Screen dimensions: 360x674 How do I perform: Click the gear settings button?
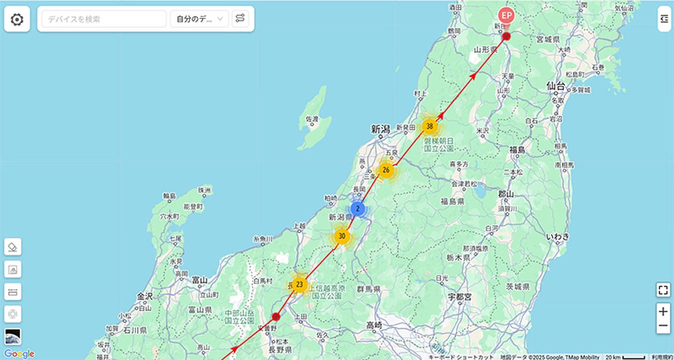pyautogui.click(x=17, y=20)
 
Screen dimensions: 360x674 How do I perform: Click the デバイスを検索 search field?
pyautogui.click(x=104, y=19)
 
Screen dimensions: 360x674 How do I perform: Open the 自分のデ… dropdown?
pyautogui.click(x=199, y=19)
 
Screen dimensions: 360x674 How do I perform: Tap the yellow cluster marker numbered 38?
pyautogui.click(x=430, y=126)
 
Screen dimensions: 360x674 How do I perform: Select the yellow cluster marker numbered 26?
pyautogui.click(x=385, y=170)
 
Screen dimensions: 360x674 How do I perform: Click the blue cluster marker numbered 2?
pyautogui.click(x=358, y=209)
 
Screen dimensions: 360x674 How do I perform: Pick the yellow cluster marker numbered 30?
pyautogui.click(x=341, y=236)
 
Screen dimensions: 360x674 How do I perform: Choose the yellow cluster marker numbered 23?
pyautogui.click(x=299, y=284)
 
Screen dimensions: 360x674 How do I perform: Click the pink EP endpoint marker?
pyautogui.click(x=507, y=15)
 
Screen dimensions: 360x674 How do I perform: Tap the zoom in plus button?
pyautogui.click(x=663, y=311)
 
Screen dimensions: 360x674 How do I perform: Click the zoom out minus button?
pyautogui.click(x=663, y=326)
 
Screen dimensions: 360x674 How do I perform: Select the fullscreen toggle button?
pyautogui.click(x=663, y=290)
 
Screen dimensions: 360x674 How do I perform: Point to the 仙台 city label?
pyautogui.click(x=555, y=86)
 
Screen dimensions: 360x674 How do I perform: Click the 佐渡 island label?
pyautogui.click(x=312, y=119)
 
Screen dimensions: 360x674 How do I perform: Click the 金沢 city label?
pyautogui.click(x=145, y=295)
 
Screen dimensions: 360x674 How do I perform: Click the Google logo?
pyautogui.click(x=19, y=354)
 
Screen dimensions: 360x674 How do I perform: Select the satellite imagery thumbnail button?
pyautogui.click(x=13, y=336)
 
